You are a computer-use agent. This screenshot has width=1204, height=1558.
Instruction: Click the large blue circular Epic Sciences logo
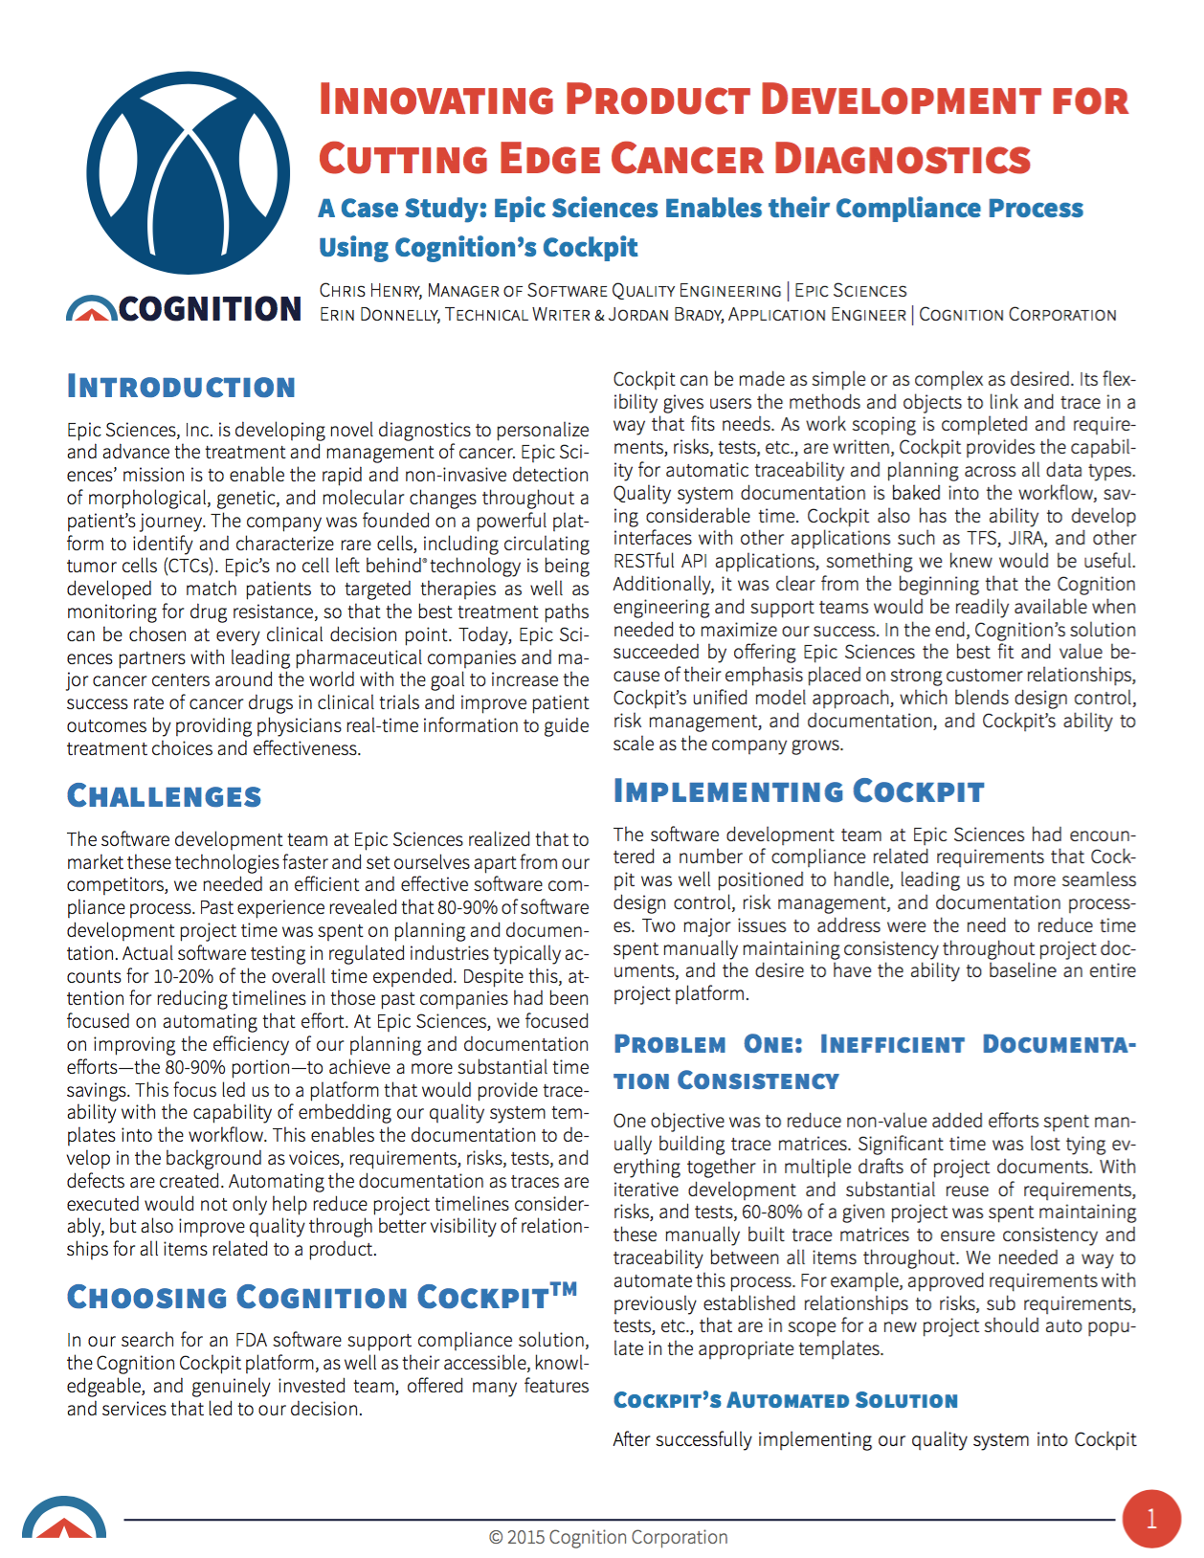pyautogui.click(x=188, y=173)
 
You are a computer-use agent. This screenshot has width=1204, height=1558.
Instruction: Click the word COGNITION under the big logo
pyautogui.click(x=211, y=309)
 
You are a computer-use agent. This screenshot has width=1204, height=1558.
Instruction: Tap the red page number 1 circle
pyautogui.click(x=1150, y=1519)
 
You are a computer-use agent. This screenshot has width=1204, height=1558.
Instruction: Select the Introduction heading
pyautogui.click(x=181, y=388)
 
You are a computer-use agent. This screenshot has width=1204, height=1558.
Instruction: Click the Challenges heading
pyautogui.click(x=164, y=796)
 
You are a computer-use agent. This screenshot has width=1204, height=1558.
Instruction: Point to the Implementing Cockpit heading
pyautogui.click(x=798, y=791)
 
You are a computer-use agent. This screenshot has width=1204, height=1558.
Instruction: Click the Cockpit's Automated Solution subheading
pyautogui.click(x=785, y=1401)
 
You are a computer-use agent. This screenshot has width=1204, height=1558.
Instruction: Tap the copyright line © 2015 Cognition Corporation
pyautogui.click(x=608, y=1537)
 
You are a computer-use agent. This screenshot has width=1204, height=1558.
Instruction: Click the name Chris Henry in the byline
pyautogui.click(x=369, y=291)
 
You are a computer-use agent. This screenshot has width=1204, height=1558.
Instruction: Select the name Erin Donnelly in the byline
pyautogui.click(x=379, y=315)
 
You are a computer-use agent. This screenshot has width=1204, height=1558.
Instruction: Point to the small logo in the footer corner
pyautogui.click(x=64, y=1519)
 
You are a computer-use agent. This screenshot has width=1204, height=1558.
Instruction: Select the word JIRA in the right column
pyautogui.click(x=1025, y=538)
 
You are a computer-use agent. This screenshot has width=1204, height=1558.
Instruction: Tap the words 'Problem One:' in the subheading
pyautogui.click(x=708, y=1044)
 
